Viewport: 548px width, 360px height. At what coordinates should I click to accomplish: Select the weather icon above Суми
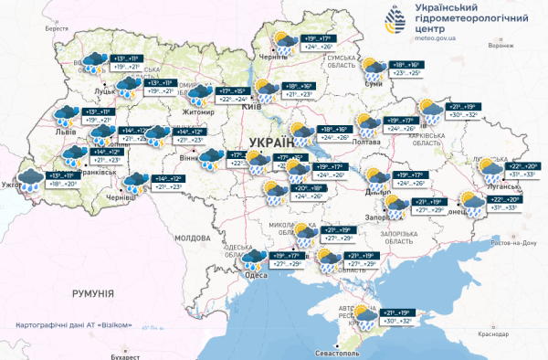point(374,69)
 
